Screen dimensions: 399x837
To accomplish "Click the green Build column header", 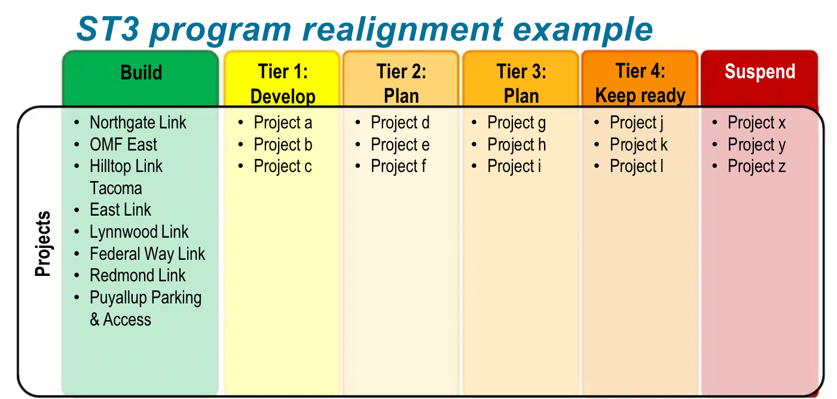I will click(141, 73).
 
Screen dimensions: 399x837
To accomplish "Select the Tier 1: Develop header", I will click(282, 84).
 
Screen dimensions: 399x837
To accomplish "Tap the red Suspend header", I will click(759, 72).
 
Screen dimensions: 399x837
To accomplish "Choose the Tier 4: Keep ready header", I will click(640, 84).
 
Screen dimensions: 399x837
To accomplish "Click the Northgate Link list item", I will click(138, 123).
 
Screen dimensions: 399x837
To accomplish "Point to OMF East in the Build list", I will click(123, 145).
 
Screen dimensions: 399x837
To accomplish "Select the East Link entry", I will click(120, 210).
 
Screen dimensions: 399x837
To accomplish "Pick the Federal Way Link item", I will click(147, 254).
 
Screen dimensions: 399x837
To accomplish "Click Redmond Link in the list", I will click(138, 276).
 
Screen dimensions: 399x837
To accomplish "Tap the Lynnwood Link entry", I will click(139, 232).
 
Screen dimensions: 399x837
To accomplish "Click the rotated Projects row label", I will click(43, 244).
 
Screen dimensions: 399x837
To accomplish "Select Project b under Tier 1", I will click(283, 145).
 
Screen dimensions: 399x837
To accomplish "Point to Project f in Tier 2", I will click(398, 167).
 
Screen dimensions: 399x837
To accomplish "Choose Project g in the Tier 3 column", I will click(517, 123).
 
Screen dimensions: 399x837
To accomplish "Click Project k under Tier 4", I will click(639, 145).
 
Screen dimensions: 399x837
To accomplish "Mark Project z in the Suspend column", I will click(756, 167).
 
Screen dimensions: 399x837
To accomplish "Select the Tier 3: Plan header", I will click(521, 84).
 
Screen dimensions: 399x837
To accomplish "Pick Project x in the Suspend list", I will click(756, 123).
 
